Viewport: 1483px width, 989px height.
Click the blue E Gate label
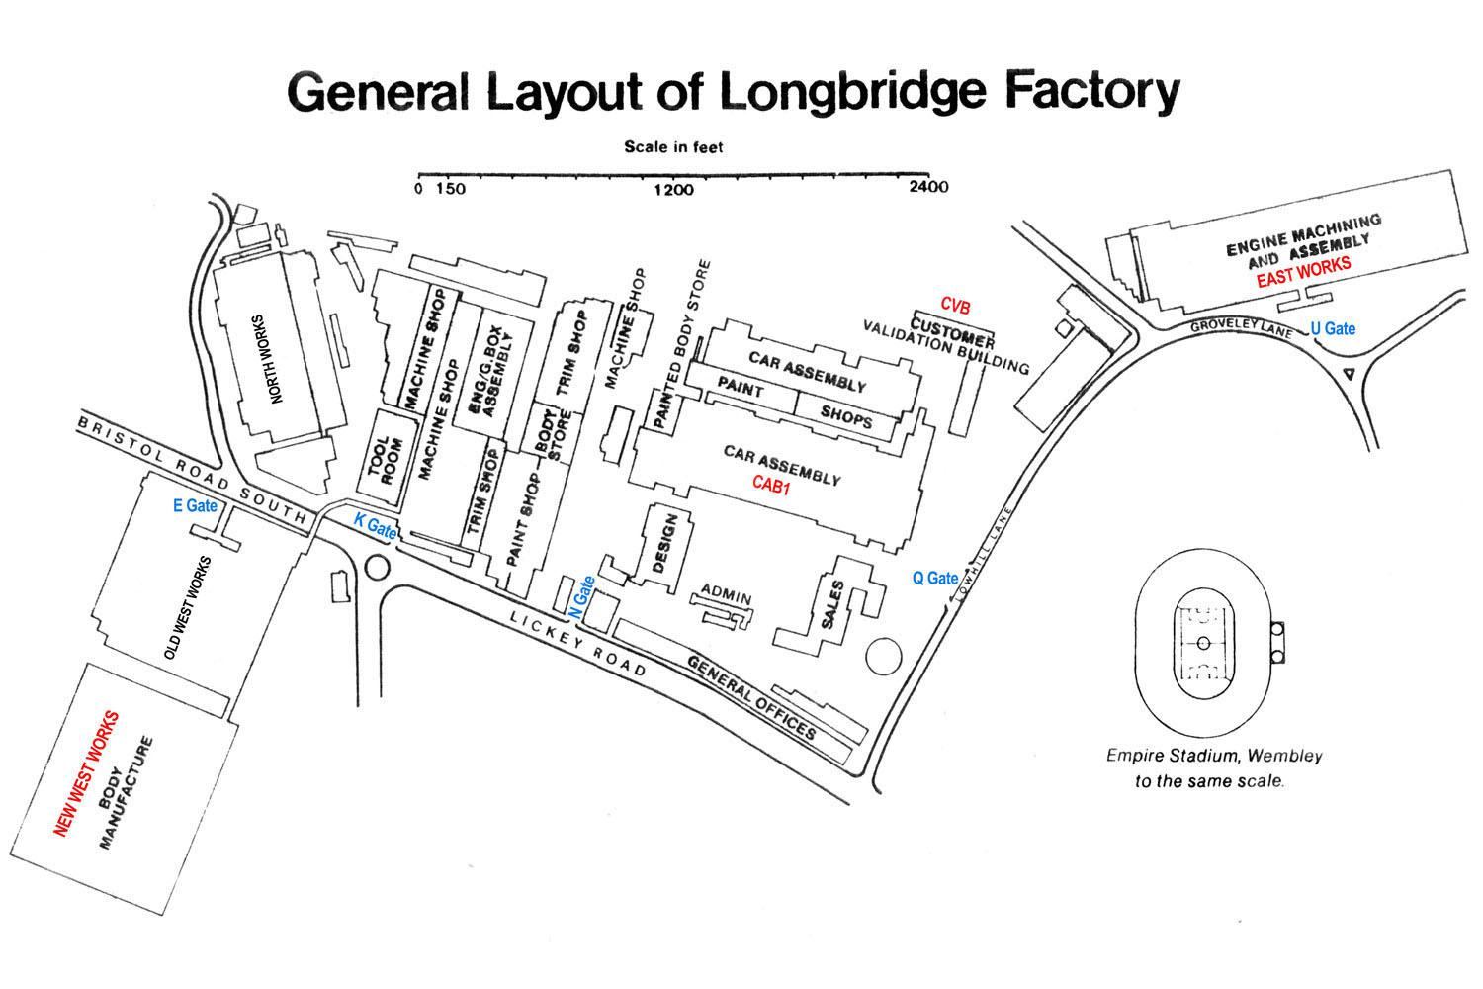pos(195,505)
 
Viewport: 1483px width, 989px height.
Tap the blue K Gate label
pos(375,526)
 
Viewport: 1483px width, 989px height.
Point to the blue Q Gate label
pos(934,578)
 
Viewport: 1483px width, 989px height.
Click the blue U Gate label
pos(1332,328)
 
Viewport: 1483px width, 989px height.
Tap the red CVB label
pos(956,304)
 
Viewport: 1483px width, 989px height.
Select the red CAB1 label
pos(772,485)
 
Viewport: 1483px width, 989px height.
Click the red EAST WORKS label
pos(1302,273)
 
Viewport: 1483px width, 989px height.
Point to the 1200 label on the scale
pos(674,189)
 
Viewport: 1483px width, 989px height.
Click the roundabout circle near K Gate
pos(377,567)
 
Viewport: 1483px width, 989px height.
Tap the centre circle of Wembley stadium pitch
pos(1203,643)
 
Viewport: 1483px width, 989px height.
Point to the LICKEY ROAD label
pos(578,643)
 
